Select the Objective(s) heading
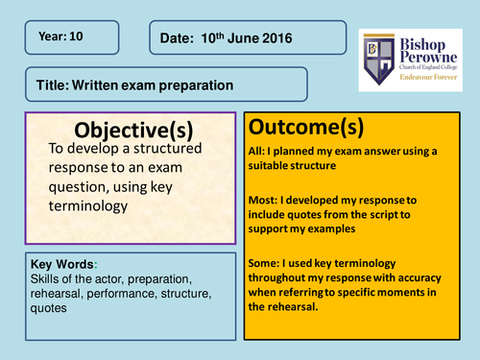tap(130, 131)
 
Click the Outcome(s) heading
tap(300, 127)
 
